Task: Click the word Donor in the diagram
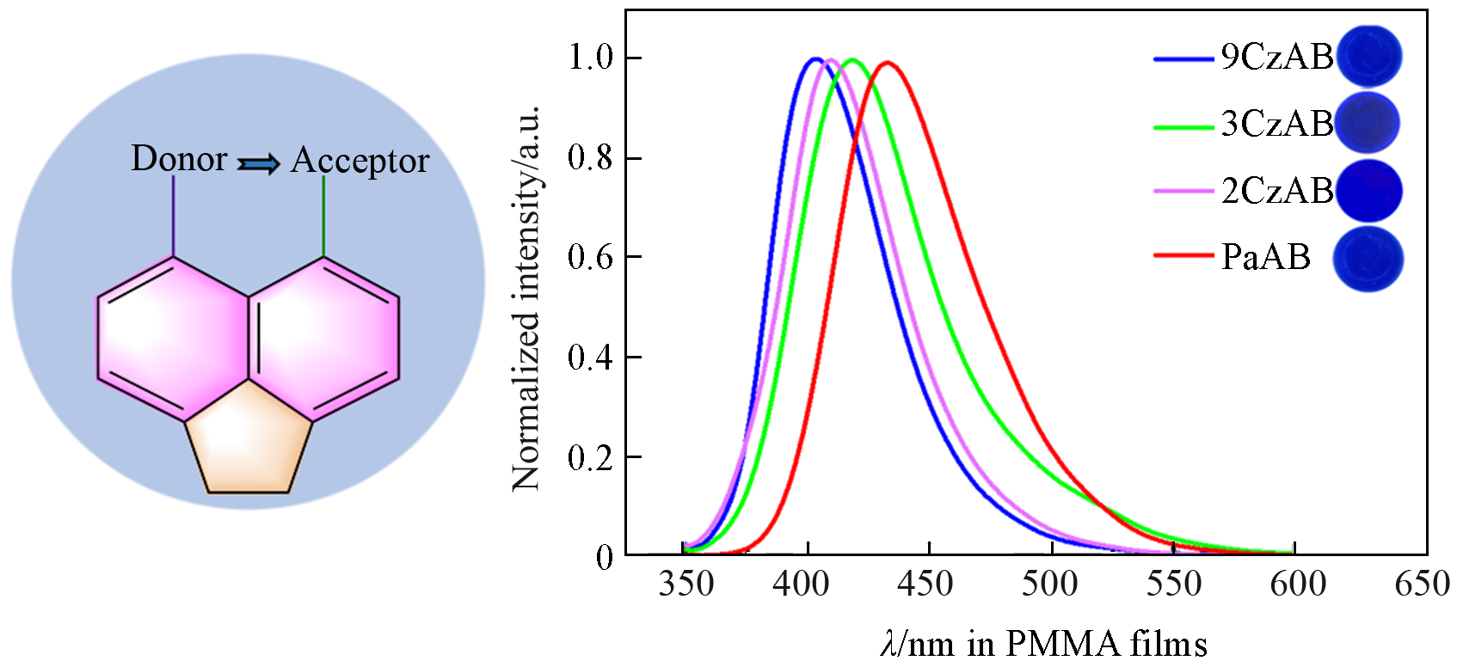click(179, 159)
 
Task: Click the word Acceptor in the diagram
click(360, 161)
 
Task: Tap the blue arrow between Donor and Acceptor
click(259, 163)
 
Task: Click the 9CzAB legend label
click(1277, 57)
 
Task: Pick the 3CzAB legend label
click(1277, 124)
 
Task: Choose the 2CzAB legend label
click(1277, 191)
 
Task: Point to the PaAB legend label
click(1265, 257)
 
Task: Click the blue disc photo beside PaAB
click(1368, 259)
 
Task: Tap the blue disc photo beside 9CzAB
click(1368, 56)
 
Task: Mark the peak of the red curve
click(887, 62)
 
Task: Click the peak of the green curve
click(852, 60)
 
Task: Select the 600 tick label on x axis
click(1298, 584)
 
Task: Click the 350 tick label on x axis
click(685, 584)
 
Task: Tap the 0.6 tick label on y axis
click(590, 257)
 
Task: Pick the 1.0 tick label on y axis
click(590, 58)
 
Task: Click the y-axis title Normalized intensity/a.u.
click(526, 297)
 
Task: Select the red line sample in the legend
click(1183, 255)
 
